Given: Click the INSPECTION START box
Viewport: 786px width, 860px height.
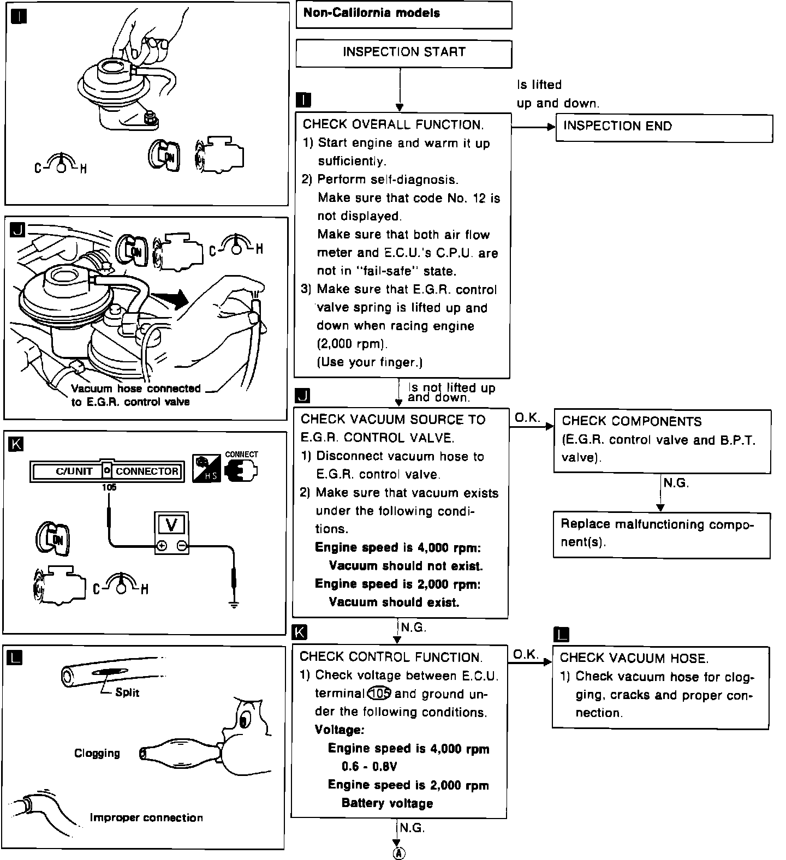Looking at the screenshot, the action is pyautogui.click(x=404, y=53).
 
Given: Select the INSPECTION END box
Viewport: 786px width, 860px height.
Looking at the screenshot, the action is pyautogui.click(x=664, y=128).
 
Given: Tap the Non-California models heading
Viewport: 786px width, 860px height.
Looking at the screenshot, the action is pyautogui.click(x=371, y=13).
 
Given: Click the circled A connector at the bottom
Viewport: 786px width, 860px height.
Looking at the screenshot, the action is pyautogui.click(x=400, y=853).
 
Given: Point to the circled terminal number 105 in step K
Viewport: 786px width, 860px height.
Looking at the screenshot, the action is pyautogui.click(x=379, y=694).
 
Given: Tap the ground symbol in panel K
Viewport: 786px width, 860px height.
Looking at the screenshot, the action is pyautogui.click(x=234, y=604).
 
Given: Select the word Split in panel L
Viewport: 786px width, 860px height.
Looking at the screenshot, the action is pyautogui.click(x=127, y=692).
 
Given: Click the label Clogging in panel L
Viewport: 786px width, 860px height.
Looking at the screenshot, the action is pyautogui.click(x=97, y=754).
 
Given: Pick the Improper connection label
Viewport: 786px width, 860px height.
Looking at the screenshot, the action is pyautogui.click(x=146, y=817).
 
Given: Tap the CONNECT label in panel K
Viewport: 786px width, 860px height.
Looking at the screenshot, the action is pyautogui.click(x=241, y=454).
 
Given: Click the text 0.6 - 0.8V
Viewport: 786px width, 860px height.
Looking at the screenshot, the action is pyautogui.click(x=369, y=767).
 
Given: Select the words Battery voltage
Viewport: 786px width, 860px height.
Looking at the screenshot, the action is pyautogui.click(x=387, y=803).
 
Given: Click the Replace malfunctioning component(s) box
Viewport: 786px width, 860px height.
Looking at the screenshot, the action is pyautogui.click(x=662, y=535).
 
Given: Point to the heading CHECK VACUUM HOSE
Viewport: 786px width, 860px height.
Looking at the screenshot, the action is pyautogui.click(x=634, y=658).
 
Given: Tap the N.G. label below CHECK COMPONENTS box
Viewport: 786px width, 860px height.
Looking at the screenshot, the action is pyautogui.click(x=676, y=483).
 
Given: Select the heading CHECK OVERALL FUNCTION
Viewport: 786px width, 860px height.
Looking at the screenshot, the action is pyautogui.click(x=393, y=125).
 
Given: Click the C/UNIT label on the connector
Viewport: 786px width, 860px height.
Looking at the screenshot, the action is pyautogui.click(x=74, y=471).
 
